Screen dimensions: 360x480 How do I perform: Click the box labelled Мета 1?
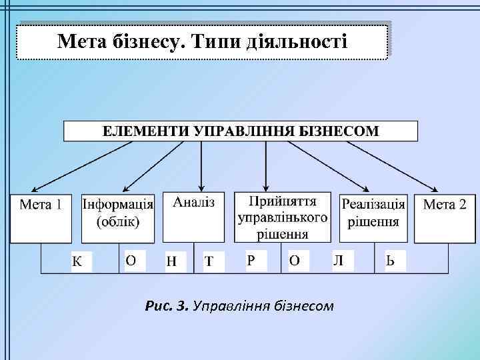40,218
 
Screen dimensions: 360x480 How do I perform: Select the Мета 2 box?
445,218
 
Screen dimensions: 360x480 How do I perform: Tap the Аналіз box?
193,217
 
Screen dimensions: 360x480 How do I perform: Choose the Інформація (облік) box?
118,218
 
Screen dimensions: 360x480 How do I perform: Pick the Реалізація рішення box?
373,218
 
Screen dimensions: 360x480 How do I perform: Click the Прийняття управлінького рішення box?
282,218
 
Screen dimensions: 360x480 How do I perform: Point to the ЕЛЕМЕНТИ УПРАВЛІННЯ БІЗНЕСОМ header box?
240,131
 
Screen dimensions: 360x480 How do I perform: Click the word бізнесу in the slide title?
143,43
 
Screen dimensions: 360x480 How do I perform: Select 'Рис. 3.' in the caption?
166,307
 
